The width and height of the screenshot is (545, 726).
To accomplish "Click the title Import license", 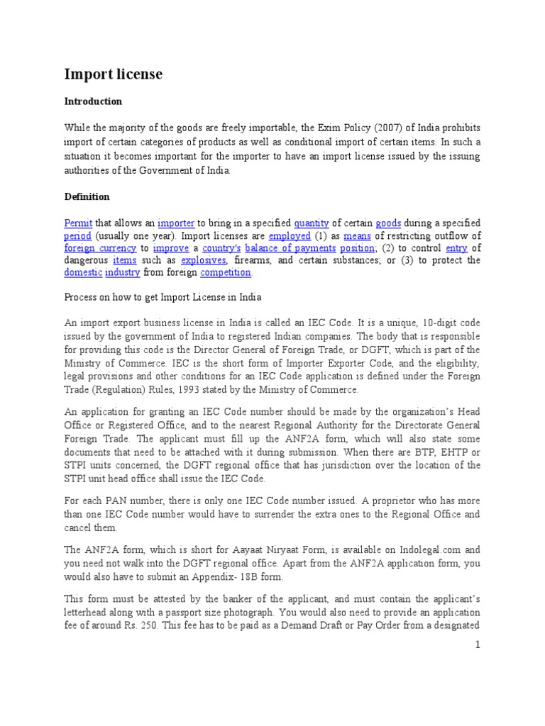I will [114, 74].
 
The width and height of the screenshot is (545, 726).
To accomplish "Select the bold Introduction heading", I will [93, 101].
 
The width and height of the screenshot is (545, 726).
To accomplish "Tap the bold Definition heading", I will [87, 196].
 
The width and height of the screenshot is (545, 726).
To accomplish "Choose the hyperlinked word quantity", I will [311, 223].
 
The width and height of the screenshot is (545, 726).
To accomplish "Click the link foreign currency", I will [100, 248].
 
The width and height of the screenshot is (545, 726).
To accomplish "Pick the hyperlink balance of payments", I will [290, 248].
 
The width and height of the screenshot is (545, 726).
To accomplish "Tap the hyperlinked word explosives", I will [203, 260].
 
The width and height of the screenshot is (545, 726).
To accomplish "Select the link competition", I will [226, 272].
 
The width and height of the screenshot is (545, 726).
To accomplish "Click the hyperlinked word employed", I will [290, 235].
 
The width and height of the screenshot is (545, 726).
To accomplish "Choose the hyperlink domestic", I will [83, 272].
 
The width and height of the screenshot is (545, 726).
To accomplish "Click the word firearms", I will [252, 260].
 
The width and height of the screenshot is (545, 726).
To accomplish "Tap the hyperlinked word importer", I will [177, 223].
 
